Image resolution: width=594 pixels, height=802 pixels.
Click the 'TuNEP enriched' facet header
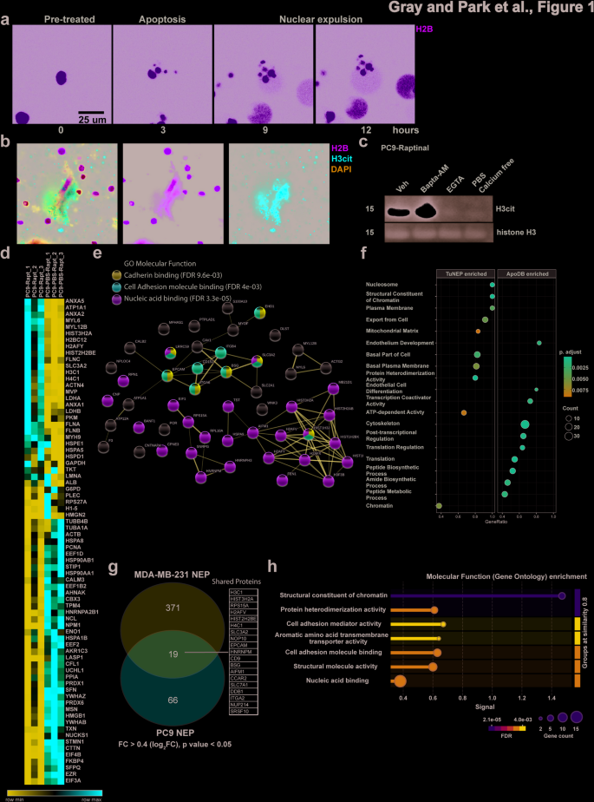pos(468,273)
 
